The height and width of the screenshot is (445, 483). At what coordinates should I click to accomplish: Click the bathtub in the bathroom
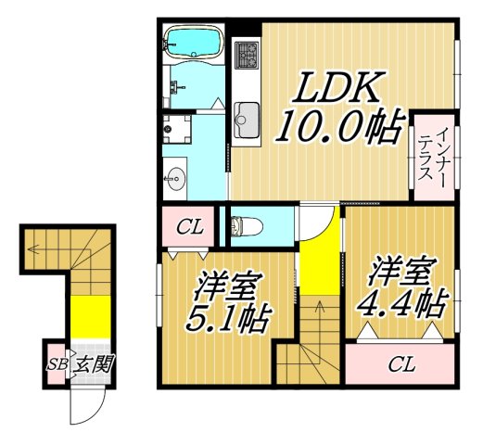coord(193,42)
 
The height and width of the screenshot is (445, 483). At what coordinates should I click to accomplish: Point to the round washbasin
coord(175,174)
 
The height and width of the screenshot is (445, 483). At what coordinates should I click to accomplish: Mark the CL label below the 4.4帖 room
coord(400,363)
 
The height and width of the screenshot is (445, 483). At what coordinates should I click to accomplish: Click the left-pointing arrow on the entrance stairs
coord(34,248)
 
